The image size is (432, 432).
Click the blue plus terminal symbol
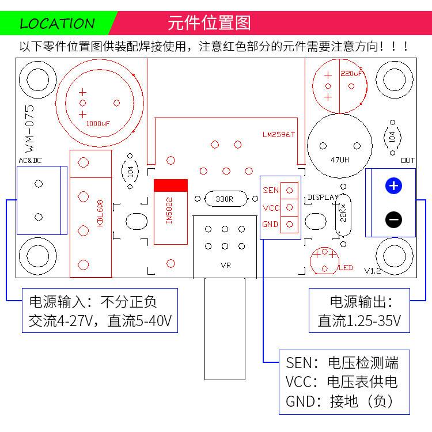point(393,186)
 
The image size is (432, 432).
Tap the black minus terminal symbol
point(393,219)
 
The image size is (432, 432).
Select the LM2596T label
point(278,135)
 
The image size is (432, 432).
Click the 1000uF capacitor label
point(98,123)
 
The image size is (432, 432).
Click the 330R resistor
point(224,199)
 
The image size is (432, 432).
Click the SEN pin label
point(271,190)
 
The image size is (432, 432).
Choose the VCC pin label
point(271,207)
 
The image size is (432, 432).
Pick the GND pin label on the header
point(271,224)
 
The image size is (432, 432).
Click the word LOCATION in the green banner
point(57,24)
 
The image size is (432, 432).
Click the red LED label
point(346,268)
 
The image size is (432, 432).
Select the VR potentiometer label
point(225,266)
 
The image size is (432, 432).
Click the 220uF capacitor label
point(351,74)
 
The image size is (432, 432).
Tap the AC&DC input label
point(29,160)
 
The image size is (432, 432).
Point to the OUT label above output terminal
point(407,160)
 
